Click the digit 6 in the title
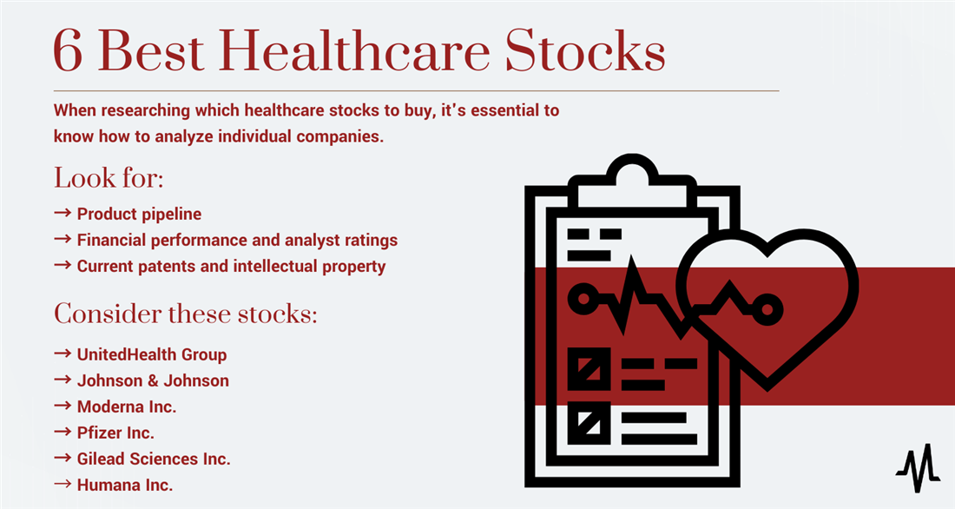(68, 51)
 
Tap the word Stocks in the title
(585, 50)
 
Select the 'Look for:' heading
(109, 178)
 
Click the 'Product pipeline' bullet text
(139, 214)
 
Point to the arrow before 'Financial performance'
(63, 239)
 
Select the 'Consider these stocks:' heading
(185, 314)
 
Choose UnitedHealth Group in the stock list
(152, 354)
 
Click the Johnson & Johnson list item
(153, 381)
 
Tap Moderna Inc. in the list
(127, 407)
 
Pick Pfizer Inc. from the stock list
(115, 433)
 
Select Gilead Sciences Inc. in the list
(154, 459)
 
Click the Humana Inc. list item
(125, 486)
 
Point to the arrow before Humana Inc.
(63, 484)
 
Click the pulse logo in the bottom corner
(918, 468)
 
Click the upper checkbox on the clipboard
(589, 369)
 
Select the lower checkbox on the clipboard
(589, 422)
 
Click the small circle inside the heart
(767, 310)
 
